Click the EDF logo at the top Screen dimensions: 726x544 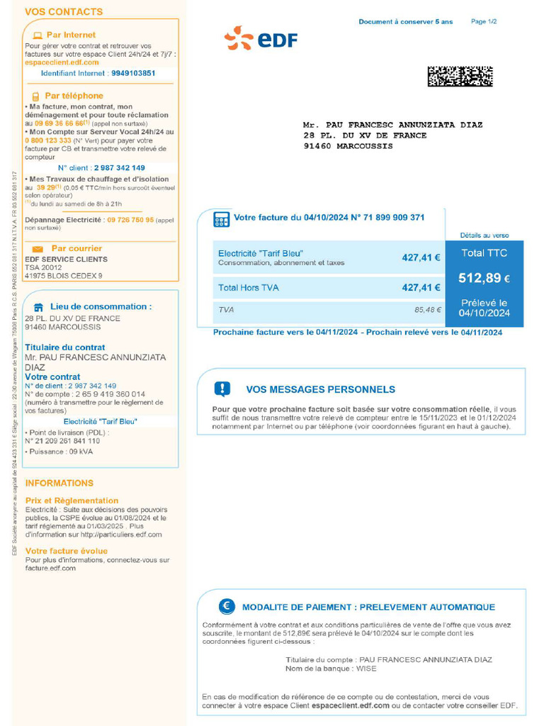pos(260,38)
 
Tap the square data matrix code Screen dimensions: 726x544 pos(460,76)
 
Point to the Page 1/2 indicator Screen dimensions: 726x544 pos(484,22)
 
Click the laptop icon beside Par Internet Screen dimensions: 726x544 pos(38,35)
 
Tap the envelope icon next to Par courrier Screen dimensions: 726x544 pos(38,249)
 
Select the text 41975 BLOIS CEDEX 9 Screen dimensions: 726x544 pos(64,276)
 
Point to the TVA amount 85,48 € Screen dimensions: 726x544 pos(428,310)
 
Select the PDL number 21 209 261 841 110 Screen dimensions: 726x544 pos(67,440)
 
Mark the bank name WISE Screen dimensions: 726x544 pos(366,669)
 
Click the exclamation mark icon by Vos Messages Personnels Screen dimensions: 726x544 pos(222,389)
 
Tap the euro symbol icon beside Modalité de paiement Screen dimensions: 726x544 pos(227,606)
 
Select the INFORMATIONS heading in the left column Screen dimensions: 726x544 pos(59,483)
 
